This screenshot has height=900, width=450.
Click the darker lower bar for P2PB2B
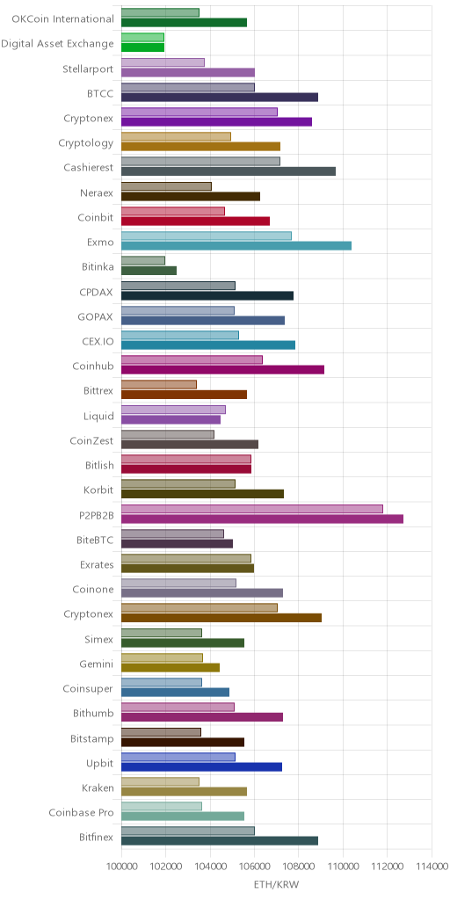pyautogui.click(x=262, y=519)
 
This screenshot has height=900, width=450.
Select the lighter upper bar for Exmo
pyautogui.click(x=207, y=236)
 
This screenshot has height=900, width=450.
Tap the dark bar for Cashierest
pyautogui.click(x=229, y=171)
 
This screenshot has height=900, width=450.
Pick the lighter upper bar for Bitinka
pyautogui.click(x=143, y=260)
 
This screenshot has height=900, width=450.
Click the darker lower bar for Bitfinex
pyautogui.click(x=220, y=840)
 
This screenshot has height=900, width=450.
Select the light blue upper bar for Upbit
pyautogui.click(x=178, y=757)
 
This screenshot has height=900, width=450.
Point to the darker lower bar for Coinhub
pyautogui.click(x=222, y=370)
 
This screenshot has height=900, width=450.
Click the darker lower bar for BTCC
pyautogui.click(x=220, y=97)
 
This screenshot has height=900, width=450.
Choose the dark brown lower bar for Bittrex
pyautogui.click(x=185, y=395)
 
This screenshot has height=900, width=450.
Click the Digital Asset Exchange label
pyautogui.click(x=57, y=44)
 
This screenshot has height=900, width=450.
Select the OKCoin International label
pyautogui.click(x=63, y=19)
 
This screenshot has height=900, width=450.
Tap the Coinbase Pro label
pyautogui.click(x=81, y=812)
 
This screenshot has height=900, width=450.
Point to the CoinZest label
pyautogui.click(x=91, y=440)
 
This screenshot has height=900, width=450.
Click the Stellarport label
pyautogui.click(x=88, y=69)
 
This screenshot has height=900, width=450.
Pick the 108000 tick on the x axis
pyautogui.click(x=299, y=865)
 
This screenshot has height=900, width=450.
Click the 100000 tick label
pyautogui.click(x=121, y=865)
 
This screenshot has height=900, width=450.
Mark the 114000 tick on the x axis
pyautogui.click(x=431, y=865)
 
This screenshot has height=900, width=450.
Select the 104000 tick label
pyautogui.click(x=210, y=865)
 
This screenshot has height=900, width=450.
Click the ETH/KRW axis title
pyautogui.click(x=277, y=884)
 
